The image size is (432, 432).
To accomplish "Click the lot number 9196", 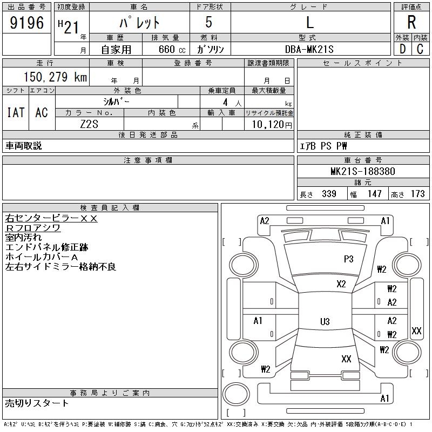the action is (x=27, y=23).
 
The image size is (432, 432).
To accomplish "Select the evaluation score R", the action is (x=411, y=23).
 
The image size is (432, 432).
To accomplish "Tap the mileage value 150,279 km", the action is (x=54, y=77).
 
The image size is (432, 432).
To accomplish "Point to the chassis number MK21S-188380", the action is (x=362, y=172).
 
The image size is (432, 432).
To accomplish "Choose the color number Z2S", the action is (x=90, y=124).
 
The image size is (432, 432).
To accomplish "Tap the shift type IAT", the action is (x=16, y=112).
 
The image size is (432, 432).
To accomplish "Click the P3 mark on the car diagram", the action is (x=349, y=259).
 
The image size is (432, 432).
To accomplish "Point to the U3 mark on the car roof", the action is (x=325, y=322).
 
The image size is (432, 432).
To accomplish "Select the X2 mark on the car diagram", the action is (x=341, y=284).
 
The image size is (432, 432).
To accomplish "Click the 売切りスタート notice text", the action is (x=37, y=403).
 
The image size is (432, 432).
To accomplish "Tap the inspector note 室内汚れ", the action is (x=23, y=238).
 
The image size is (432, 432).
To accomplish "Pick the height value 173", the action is (x=417, y=194).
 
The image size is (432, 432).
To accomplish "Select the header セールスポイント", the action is (x=362, y=63).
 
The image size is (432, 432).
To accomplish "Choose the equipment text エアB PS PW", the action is (x=323, y=146).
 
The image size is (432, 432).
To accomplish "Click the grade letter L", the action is (x=309, y=23).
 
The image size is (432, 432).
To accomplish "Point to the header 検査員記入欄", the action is (x=110, y=207).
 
